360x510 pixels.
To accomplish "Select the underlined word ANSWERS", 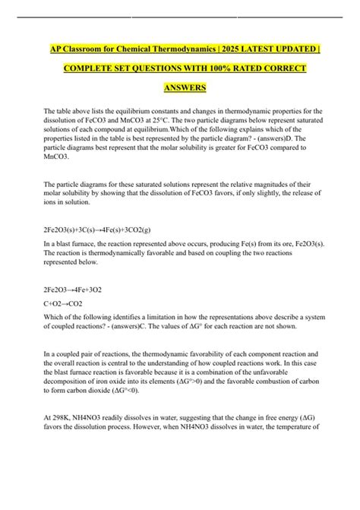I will click(x=179, y=88).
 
